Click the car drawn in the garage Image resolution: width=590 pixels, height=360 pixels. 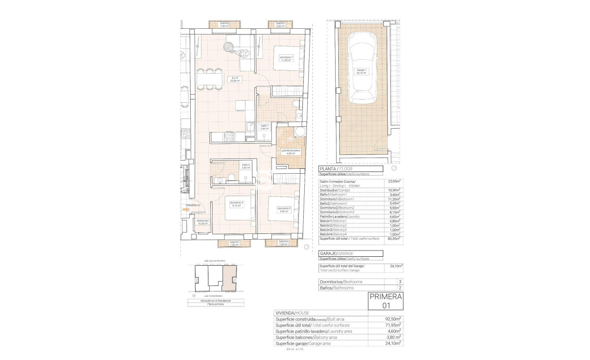(x=362, y=72)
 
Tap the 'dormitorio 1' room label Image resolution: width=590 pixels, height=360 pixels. (x=286, y=59)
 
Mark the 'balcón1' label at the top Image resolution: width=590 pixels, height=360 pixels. (x=280, y=25)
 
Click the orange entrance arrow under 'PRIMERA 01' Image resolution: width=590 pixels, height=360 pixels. (x=187, y=208)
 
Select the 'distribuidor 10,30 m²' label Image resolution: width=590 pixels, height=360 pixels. (x=202, y=222)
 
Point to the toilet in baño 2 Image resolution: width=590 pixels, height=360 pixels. (x=230, y=177)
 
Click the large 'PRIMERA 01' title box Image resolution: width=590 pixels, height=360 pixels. (x=385, y=301)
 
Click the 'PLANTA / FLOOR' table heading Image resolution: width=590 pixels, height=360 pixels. (x=350, y=169)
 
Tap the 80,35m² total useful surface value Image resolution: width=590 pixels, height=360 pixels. (x=394, y=239)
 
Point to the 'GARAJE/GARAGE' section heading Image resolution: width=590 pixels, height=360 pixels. (x=350, y=254)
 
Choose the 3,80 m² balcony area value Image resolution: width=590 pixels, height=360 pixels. (x=394, y=337)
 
